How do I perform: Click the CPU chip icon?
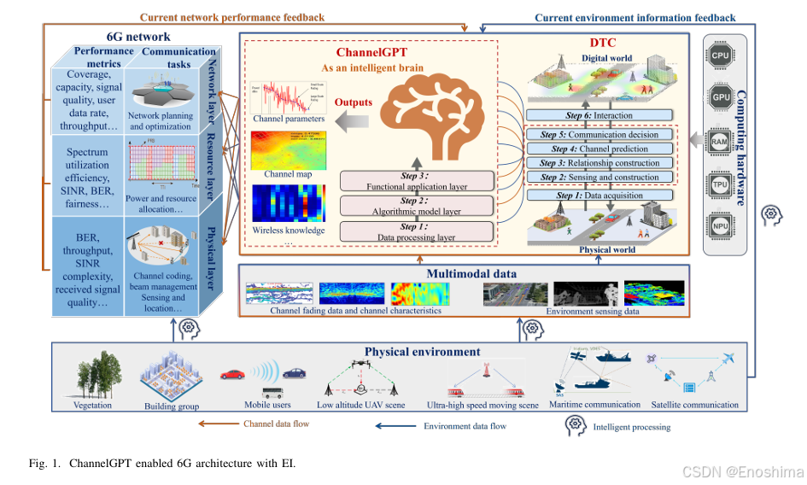click(x=719, y=54)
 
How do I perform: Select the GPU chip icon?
click(x=719, y=97)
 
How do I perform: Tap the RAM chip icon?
click(x=719, y=141)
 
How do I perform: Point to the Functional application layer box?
click(x=417, y=181)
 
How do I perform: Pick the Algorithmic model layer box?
click(x=417, y=206)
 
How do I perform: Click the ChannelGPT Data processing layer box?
click(x=417, y=231)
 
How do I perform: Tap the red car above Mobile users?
click(x=233, y=374)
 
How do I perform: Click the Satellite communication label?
click(x=695, y=405)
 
